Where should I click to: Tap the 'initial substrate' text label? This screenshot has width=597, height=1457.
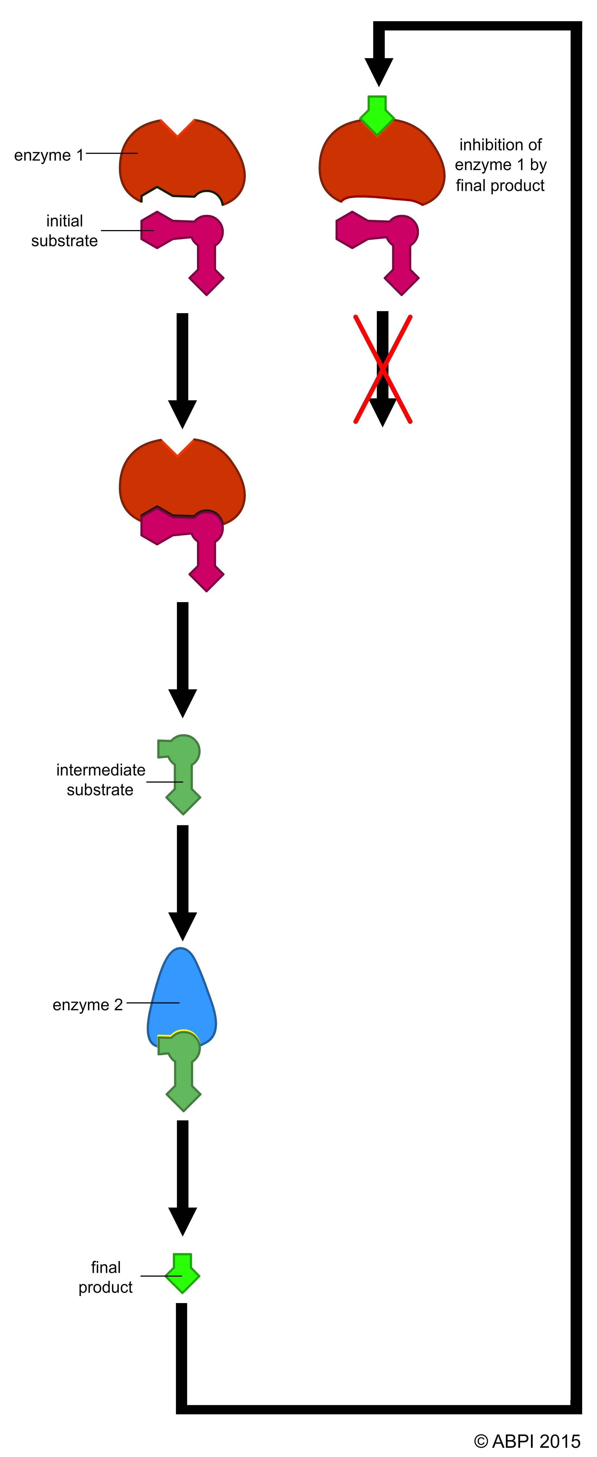(x=64, y=231)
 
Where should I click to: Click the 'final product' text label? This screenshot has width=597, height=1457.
(x=106, y=1277)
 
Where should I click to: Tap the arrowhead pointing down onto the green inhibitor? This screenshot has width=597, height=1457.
(x=378, y=71)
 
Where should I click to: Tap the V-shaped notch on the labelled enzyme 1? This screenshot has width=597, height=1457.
(x=178, y=129)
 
